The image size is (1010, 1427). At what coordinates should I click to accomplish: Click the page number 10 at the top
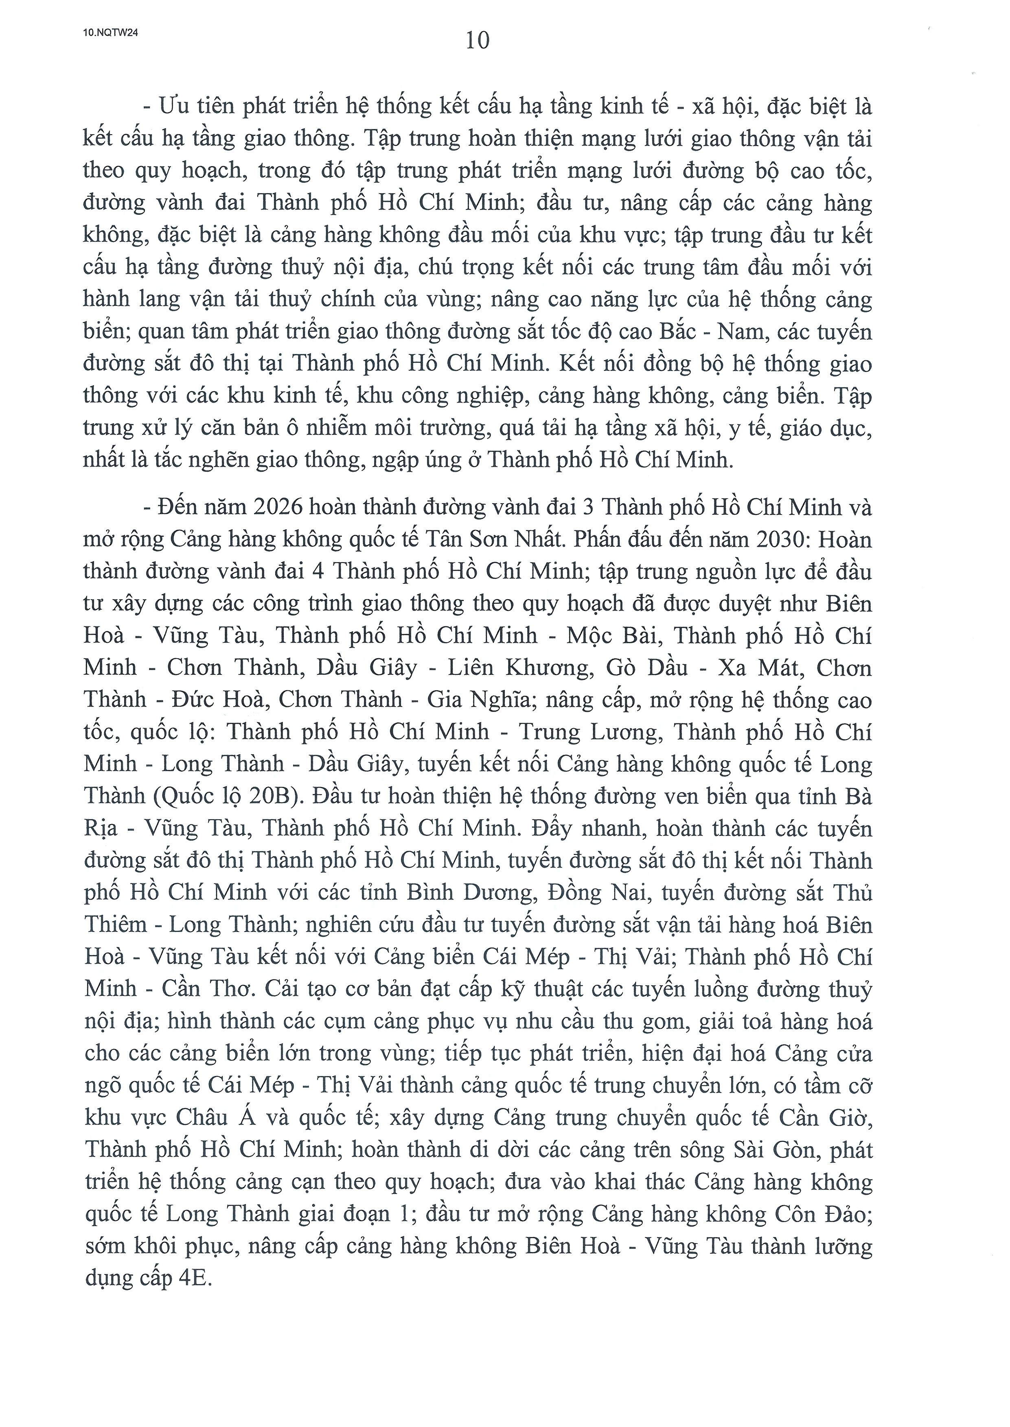pos(477,41)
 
